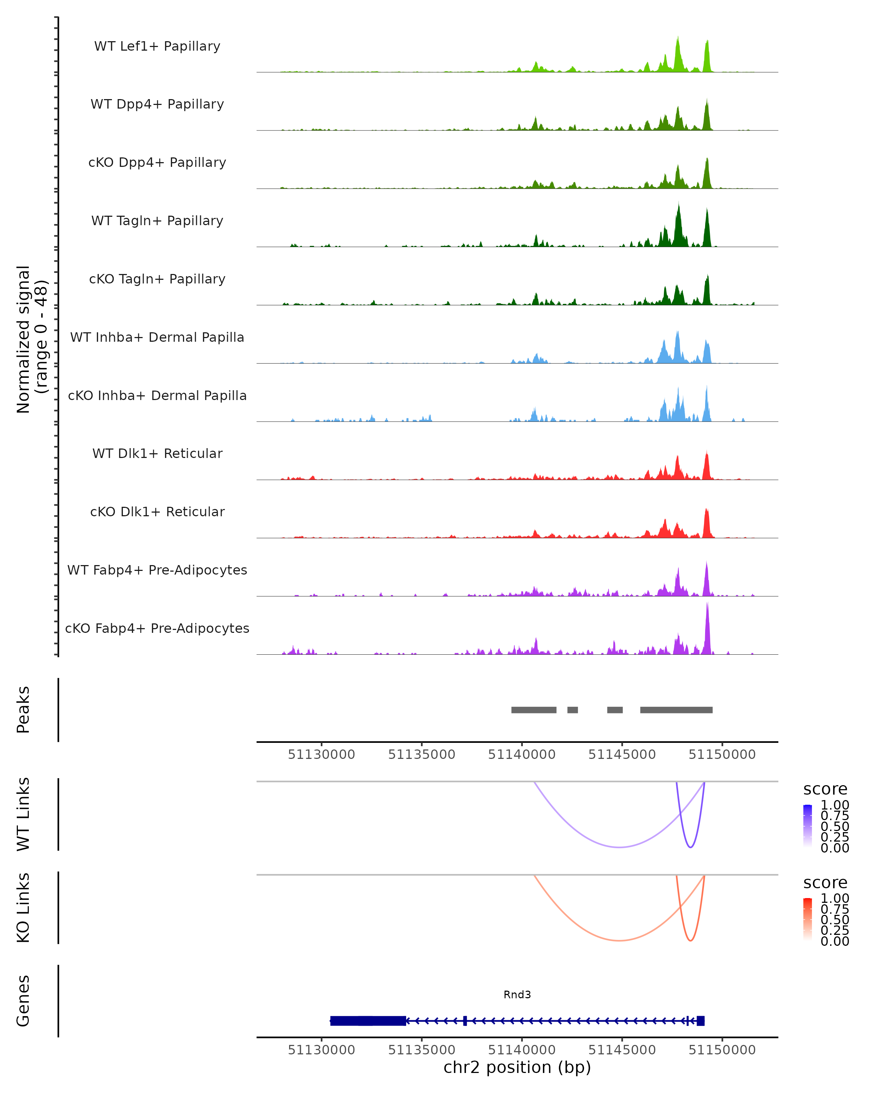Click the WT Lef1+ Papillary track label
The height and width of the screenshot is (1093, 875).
pos(157,46)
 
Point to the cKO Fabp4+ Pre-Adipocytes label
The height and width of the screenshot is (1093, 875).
pos(157,628)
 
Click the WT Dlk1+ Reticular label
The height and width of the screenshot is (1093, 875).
pos(157,453)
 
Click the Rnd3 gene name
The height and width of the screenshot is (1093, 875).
pos(517,994)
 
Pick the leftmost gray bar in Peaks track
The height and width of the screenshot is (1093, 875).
pos(534,710)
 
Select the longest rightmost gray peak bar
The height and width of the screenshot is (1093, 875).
pos(676,710)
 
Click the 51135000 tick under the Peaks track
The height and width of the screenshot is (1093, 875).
pos(421,755)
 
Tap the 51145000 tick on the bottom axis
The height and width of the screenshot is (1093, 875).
pos(622,1050)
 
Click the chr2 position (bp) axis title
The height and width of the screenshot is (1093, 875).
pos(517,1067)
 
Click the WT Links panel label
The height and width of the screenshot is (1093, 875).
pos(23,814)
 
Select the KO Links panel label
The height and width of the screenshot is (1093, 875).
pos(23,908)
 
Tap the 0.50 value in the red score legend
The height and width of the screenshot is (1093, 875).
pos(835,919)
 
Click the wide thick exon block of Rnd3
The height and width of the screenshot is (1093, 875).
pos(368,1020)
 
